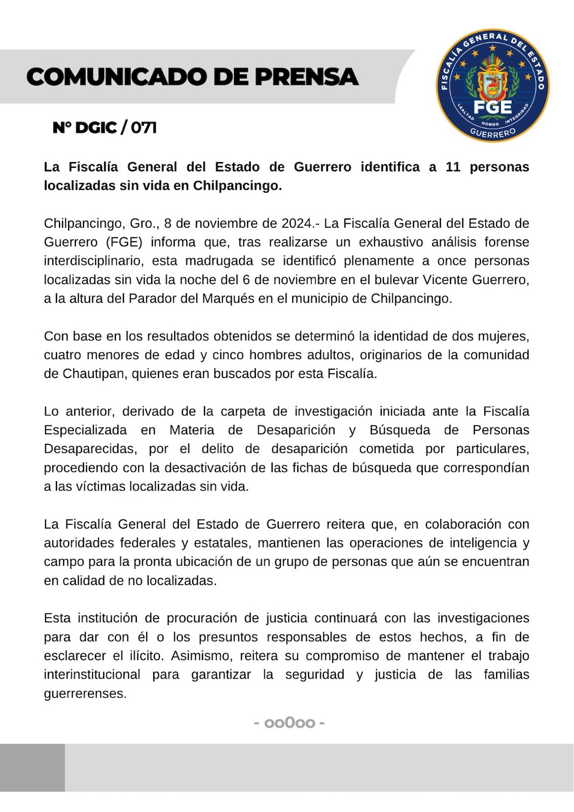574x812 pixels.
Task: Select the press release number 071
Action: coord(143,127)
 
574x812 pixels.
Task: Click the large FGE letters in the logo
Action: coord(492,107)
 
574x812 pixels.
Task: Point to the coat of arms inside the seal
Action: coord(492,82)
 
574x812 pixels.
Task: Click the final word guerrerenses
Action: coord(85,694)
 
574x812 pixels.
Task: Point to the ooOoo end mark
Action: coord(290,723)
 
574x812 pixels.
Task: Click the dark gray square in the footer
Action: coord(32,767)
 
